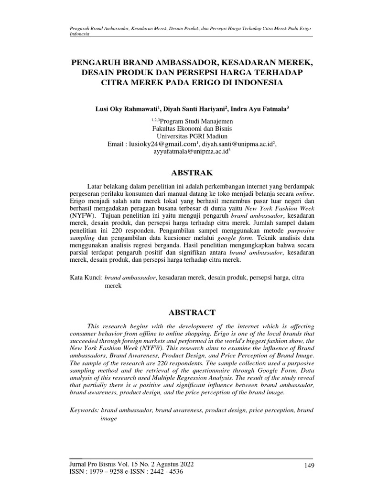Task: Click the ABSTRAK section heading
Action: click(191, 172)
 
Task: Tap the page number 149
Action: click(308, 466)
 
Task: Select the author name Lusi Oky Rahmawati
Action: click(128, 109)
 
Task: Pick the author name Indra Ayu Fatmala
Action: click(259, 109)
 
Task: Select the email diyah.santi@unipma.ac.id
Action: click(237, 144)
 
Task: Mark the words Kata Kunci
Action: click(86, 277)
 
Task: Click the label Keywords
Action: click(84, 410)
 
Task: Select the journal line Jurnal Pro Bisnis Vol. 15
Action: click(132, 464)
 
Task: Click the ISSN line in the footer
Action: click(127, 471)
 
